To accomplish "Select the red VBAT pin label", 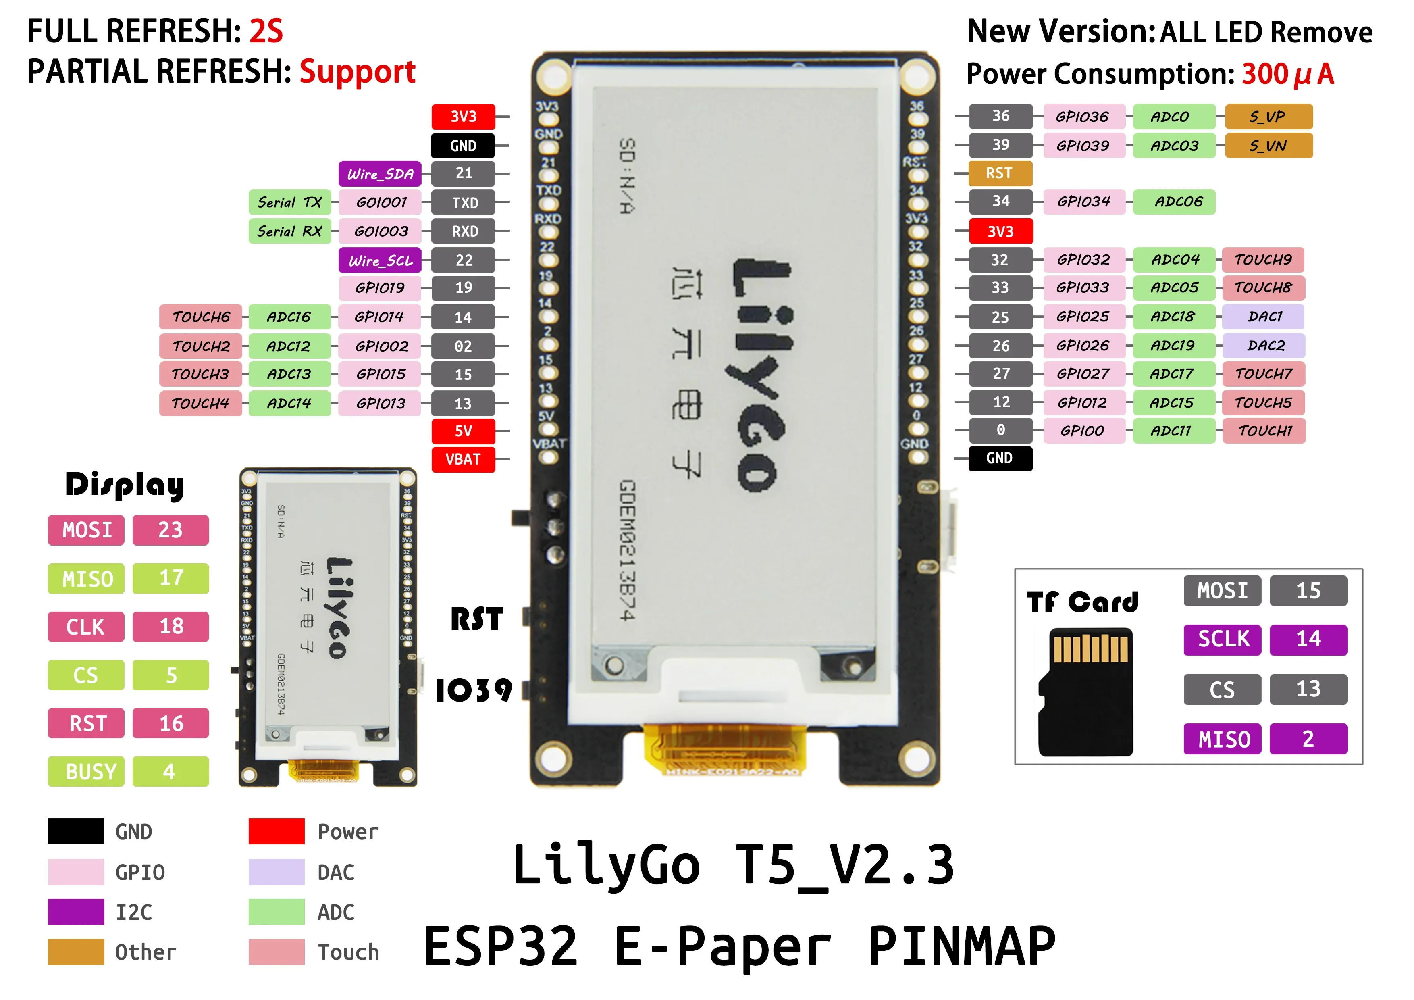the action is pyautogui.click(x=463, y=460).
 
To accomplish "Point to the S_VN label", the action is pyautogui.click(x=1268, y=146).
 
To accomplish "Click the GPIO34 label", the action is pyautogui.click(x=1083, y=202).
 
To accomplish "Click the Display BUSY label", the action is pyautogui.click(x=86, y=771).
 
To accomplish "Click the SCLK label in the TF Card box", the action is pyautogui.click(x=1223, y=639).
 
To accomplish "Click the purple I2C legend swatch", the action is pyautogui.click(x=76, y=912).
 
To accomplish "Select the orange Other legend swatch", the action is pyautogui.click(x=76, y=952).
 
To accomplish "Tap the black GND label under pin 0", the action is pyautogui.click(x=1000, y=458).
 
